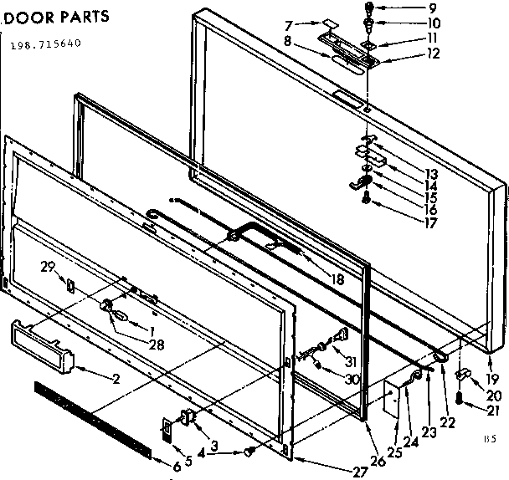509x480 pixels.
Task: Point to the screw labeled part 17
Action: click(x=366, y=198)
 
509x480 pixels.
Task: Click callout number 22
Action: click(x=450, y=423)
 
